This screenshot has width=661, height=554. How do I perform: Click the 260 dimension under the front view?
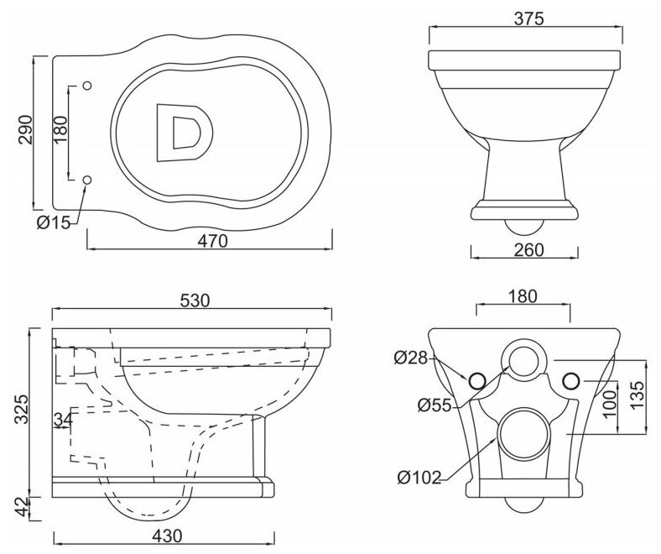click(x=526, y=249)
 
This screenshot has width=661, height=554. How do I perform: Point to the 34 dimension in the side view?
click(x=61, y=420)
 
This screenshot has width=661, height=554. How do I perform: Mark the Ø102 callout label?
click(x=419, y=479)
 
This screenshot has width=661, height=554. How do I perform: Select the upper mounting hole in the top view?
click(x=89, y=85)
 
